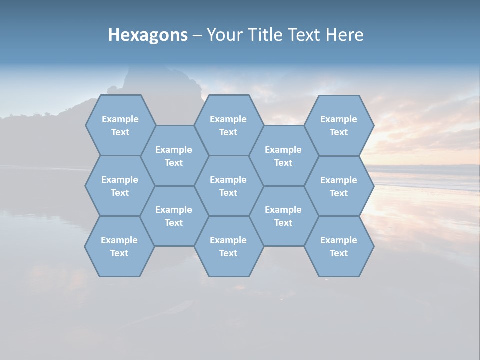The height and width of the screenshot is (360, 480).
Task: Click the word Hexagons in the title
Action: (148, 35)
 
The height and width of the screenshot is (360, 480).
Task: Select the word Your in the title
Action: (223, 35)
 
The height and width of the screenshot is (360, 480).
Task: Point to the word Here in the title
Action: (345, 35)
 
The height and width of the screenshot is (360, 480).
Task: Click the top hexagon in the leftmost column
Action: (120, 125)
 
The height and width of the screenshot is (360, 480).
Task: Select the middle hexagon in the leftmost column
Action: (120, 186)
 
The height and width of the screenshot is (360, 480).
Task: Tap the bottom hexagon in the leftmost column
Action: (119, 246)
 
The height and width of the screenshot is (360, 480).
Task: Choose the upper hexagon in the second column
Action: (174, 156)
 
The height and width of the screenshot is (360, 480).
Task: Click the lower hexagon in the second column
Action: (174, 216)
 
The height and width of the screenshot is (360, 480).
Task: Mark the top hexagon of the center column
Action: (228, 125)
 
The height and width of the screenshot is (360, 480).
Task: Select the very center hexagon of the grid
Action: (228, 186)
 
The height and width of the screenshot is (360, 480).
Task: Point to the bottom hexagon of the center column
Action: (228, 246)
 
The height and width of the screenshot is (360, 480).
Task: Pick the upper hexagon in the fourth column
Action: (283, 156)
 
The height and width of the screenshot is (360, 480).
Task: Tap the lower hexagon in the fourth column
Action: (283, 216)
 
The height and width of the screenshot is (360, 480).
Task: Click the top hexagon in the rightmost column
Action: (339, 125)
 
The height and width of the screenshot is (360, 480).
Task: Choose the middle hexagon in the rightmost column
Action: (339, 186)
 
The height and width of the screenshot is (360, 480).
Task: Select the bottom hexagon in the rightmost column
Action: (339, 246)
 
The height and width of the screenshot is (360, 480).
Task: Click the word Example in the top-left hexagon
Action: (120, 119)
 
